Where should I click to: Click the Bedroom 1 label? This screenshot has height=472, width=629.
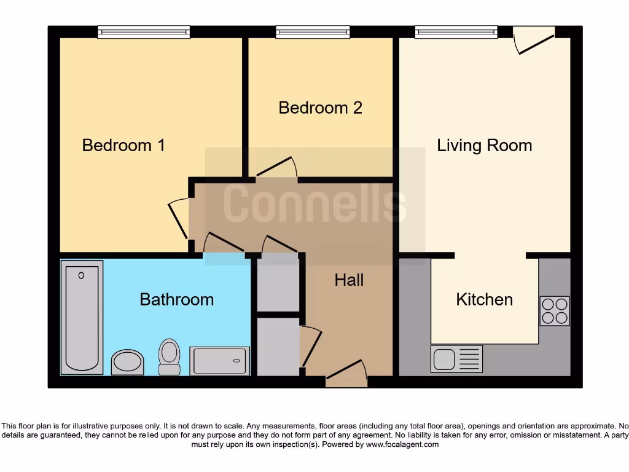tap(123, 146)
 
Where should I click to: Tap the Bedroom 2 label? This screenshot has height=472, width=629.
tap(320, 108)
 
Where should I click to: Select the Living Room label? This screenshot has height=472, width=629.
tap(484, 146)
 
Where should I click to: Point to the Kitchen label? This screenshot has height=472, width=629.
tap(484, 299)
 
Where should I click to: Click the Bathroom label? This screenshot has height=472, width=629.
tap(176, 299)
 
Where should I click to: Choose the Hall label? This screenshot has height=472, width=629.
tap(349, 280)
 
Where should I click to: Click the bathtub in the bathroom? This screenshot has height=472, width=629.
tap(82, 317)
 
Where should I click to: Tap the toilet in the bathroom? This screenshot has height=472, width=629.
tap(169, 356)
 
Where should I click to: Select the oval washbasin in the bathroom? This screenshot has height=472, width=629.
tap(127, 362)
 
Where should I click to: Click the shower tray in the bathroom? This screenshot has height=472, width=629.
tap(219, 361)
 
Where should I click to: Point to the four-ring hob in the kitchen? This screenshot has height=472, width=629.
tap(554, 311)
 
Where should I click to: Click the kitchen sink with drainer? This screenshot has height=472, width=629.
tap(456, 359)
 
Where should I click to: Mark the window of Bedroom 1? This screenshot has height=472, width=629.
tap(144, 32)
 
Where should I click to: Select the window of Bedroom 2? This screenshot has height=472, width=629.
tap(313, 32)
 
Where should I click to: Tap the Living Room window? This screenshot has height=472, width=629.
tap(456, 32)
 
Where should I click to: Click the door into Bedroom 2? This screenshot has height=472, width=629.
tap(276, 170)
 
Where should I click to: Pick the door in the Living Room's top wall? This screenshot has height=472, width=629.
tap(534, 38)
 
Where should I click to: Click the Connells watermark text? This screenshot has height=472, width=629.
tap(314, 203)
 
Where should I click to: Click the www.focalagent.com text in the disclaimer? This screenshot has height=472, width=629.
tap(402, 444)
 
